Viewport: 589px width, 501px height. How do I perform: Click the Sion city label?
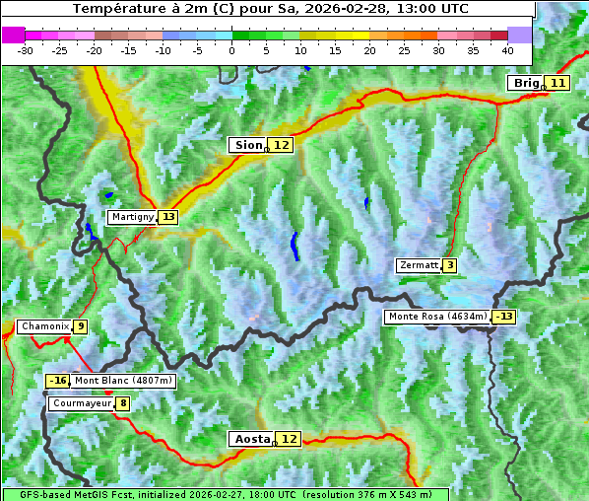tap(246, 145)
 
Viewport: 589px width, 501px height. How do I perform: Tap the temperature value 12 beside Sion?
tap(282, 145)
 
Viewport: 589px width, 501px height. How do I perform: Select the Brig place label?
tap(525, 83)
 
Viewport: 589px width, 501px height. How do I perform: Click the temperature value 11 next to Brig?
tap(557, 83)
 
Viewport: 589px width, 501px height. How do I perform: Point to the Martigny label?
tap(132, 217)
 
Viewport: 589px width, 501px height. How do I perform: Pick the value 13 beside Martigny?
tap(168, 217)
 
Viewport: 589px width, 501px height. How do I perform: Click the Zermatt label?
tap(419, 265)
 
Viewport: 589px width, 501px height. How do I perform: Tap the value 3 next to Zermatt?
tap(449, 265)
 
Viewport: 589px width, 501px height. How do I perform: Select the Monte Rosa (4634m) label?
tap(437, 317)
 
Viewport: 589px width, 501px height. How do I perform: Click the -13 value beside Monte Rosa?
tap(504, 317)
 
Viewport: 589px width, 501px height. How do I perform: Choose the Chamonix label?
tap(44, 326)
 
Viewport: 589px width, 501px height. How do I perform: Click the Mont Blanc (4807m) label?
tap(123, 381)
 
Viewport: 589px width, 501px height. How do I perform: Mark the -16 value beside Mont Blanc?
tap(58, 381)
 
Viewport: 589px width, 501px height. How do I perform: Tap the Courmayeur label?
tap(81, 403)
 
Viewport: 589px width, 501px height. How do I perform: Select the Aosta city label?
tap(251, 439)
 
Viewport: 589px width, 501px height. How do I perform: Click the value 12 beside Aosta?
tap(289, 439)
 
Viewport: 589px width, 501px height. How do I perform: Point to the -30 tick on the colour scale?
tap(26, 49)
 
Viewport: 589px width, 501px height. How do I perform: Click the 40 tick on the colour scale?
tap(507, 49)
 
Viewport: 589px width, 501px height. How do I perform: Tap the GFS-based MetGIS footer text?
tap(225, 494)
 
